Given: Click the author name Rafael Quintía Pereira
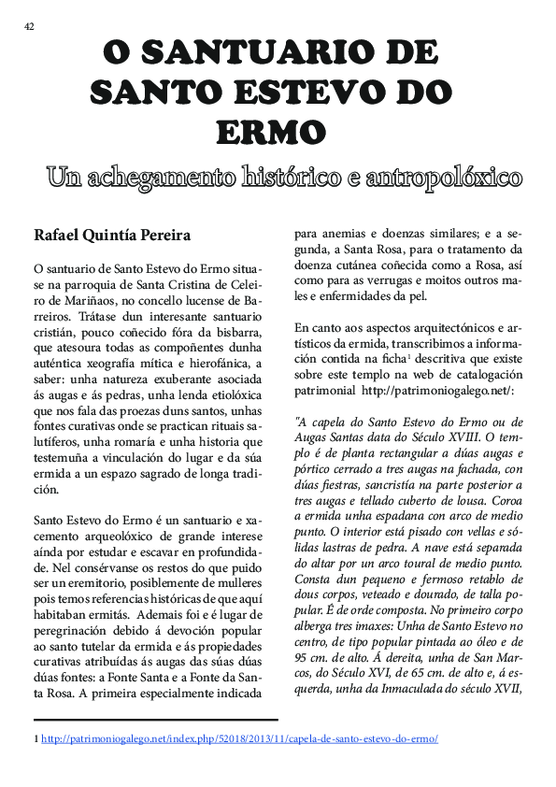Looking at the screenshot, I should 112,234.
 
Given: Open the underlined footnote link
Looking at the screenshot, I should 239,738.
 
